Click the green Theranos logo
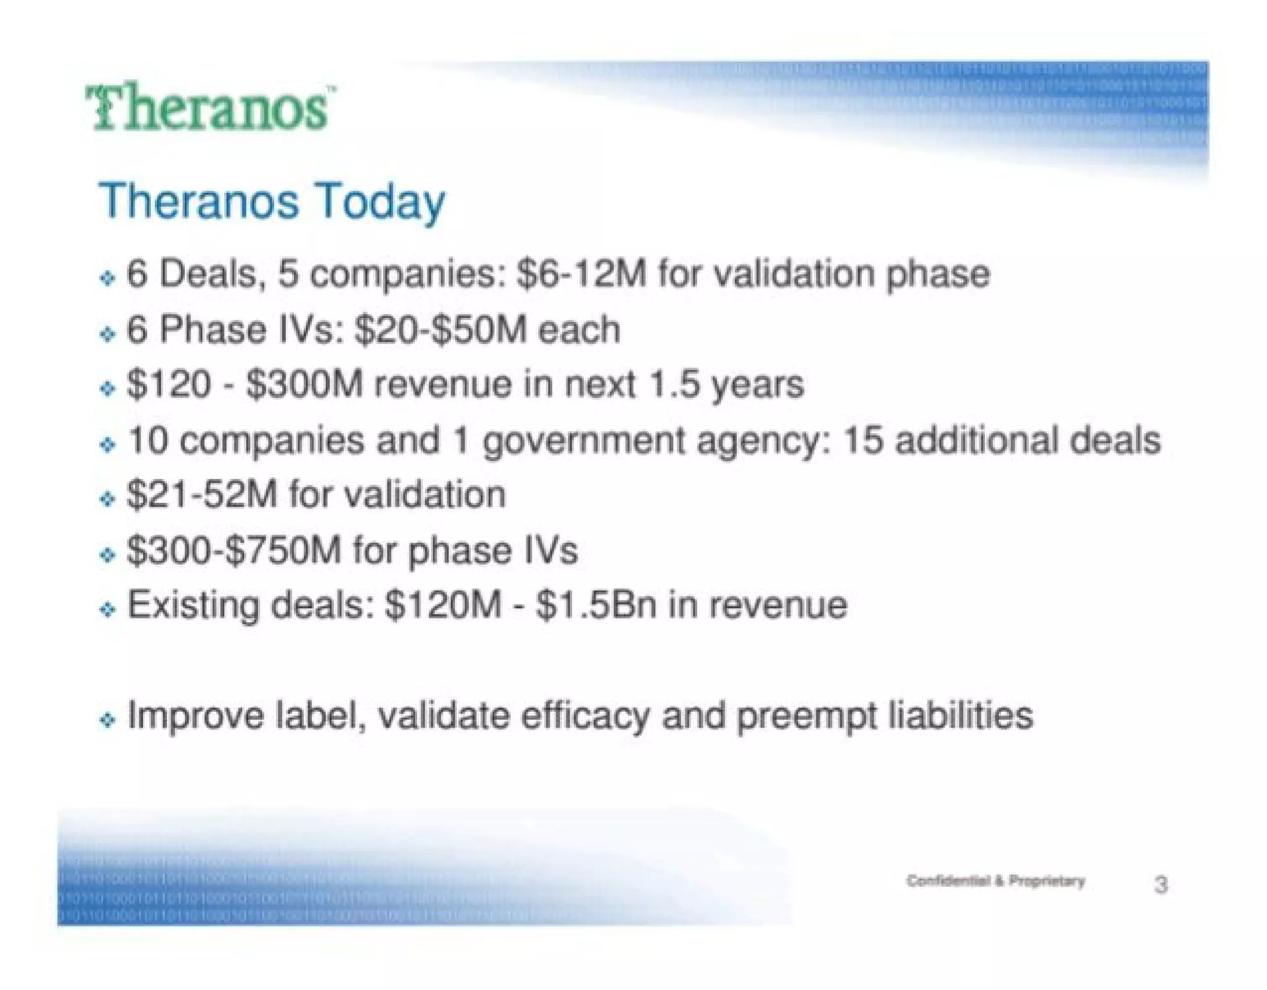tap(210, 109)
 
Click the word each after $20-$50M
tap(579, 329)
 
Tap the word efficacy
tap(585, 716)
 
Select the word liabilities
tap(960, 716)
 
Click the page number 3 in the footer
tap(1161, 885)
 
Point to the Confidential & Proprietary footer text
tap(995, 881)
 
